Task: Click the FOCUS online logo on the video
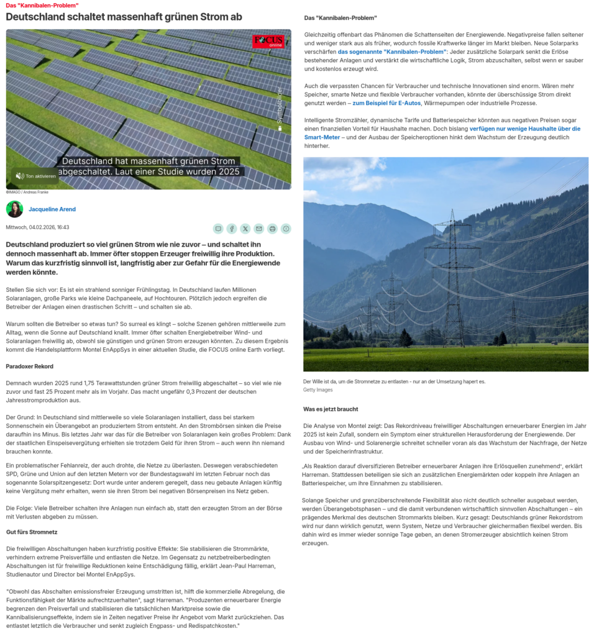[268, 41]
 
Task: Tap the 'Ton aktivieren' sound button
[35, 176]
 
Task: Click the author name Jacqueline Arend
[52, 209]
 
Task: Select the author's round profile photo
[14, 209]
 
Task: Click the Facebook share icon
[232, 229]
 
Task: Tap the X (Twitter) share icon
[245, 229]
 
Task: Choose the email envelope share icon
[258, 229]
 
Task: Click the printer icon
[272, 229]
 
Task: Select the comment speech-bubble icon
[218, 229]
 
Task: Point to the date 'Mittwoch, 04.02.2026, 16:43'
[37, 227]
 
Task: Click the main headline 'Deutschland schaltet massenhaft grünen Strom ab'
[124, 17]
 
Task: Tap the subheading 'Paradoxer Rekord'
[29, 366]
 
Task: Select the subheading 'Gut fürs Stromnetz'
[32, 532]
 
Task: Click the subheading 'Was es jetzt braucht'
[331, 409]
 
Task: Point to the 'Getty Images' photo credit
[318, 390]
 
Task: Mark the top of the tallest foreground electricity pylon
[452, 211]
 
